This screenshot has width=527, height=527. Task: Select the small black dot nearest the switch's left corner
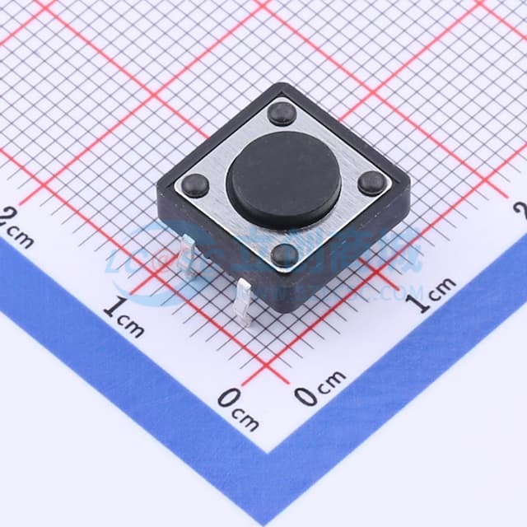coord(195,184)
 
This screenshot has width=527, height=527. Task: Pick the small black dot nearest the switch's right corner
coord(371,184)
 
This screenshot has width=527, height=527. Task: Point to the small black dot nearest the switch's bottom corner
coord(286,254)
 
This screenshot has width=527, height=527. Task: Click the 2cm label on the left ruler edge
coord(18,231)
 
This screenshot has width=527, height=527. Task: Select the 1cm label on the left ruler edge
coord(124,318)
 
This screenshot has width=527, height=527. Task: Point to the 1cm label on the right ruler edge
coord(432,295)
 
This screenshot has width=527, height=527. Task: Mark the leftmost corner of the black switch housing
coord(158,191)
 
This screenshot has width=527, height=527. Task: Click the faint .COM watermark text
coord(399,292)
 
